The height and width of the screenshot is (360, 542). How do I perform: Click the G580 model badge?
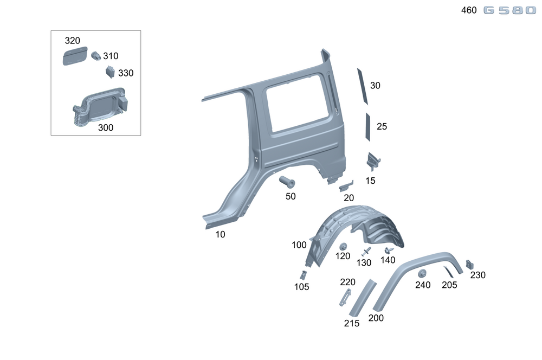[x=509, y=10]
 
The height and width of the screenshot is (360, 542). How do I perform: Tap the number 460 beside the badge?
[x=469, y=10]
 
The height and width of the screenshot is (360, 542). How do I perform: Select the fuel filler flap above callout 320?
[x=75, y=56]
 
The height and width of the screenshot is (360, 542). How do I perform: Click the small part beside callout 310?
[x=96, y=56]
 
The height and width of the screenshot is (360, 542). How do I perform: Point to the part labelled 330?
[x=110, y=72]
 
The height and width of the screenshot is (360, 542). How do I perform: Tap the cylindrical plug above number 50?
[x=287, y=182]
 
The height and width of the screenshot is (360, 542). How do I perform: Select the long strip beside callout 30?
[x=362, y=86]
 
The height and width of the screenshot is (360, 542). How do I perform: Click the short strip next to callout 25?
[x=368, y=127]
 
